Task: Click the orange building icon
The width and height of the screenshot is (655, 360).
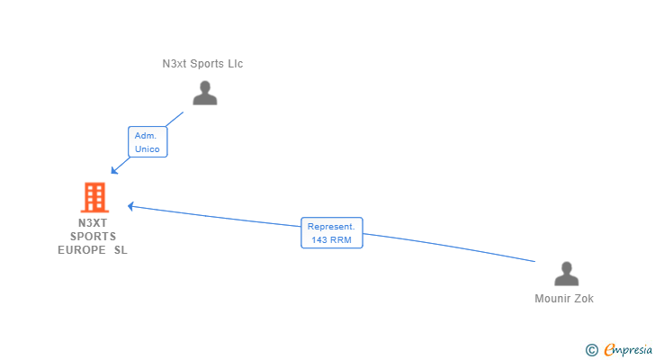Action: tap(94, 197)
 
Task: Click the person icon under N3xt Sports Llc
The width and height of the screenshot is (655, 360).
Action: tap(205, 93)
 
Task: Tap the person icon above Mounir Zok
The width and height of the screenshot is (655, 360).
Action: tap(566, 274)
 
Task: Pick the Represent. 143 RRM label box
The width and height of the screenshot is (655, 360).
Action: tap(332, 233)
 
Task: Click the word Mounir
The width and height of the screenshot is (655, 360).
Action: tap(551, 299)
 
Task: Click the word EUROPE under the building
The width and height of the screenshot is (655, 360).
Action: tap(82, 250)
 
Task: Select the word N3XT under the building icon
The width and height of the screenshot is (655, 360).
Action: tap(93, 223)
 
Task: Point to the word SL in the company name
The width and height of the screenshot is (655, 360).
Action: tap(121, 250)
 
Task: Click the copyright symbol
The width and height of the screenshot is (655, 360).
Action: tap(591, 349)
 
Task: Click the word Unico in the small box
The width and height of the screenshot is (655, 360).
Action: tap(148, 148)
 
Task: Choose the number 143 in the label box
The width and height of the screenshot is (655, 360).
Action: tap(319, 240)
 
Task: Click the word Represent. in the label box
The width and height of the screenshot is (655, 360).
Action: tap(332, 227)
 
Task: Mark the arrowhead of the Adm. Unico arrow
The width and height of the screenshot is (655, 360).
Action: tap(113, 170)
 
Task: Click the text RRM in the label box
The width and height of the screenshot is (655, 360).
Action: tap(341, 240)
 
